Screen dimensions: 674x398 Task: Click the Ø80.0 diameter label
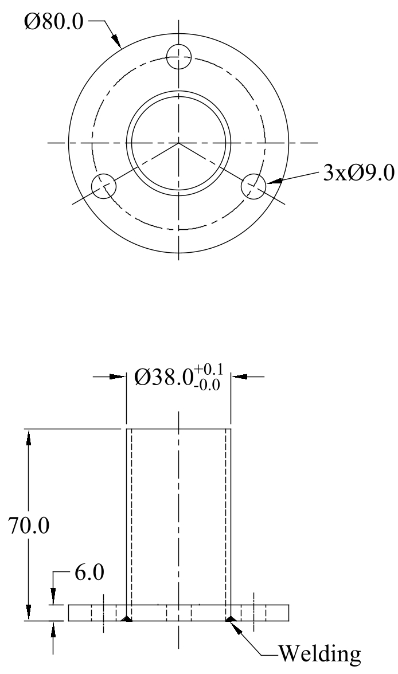[x=54, y=22]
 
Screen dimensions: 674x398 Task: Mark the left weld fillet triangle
[x=127, y=618]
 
